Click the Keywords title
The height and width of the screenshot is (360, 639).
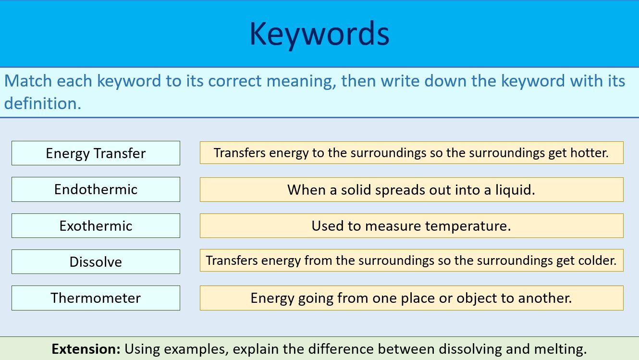click(x=319, y=34)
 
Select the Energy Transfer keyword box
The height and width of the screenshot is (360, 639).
click(x=96, y=153)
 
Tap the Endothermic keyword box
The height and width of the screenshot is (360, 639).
click(x=96, y=189)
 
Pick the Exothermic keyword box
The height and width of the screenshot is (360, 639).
click(x=96, y=226)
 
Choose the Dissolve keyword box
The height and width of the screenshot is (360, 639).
click(x=96, y=262)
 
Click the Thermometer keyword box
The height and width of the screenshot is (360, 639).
click(x=96, y=298)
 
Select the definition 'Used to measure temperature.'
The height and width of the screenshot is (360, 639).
click(x=411, y=226)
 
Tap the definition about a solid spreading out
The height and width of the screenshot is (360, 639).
click(x=411, y=190)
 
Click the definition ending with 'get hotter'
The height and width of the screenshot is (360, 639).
click(x=411, y=153)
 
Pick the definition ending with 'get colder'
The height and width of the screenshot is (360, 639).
click(x=411, y=261)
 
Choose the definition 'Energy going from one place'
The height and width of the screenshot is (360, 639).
click(x=411, y=298)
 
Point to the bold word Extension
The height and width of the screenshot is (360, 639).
click(x=86, y=349)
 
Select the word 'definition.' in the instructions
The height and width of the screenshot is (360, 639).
click(x=43, y=103)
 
